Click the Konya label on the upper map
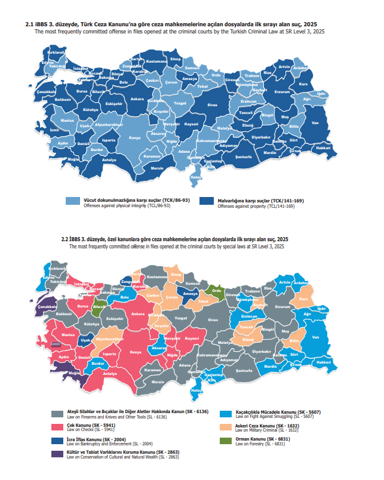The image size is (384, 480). point(135,138)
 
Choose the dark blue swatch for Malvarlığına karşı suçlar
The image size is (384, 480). point(207,202)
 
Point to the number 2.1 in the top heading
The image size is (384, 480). point(29,23)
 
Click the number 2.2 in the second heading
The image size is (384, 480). point(66,238)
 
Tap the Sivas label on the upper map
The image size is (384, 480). point(211,105)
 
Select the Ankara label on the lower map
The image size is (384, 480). point(137,313)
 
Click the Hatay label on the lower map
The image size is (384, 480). point(195,392)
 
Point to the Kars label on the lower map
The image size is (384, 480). point(303,299)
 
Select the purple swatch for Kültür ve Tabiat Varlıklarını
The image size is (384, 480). point(57,454)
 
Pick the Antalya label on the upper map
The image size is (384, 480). point(109,160)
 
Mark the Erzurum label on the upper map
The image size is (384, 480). point(281,92)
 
